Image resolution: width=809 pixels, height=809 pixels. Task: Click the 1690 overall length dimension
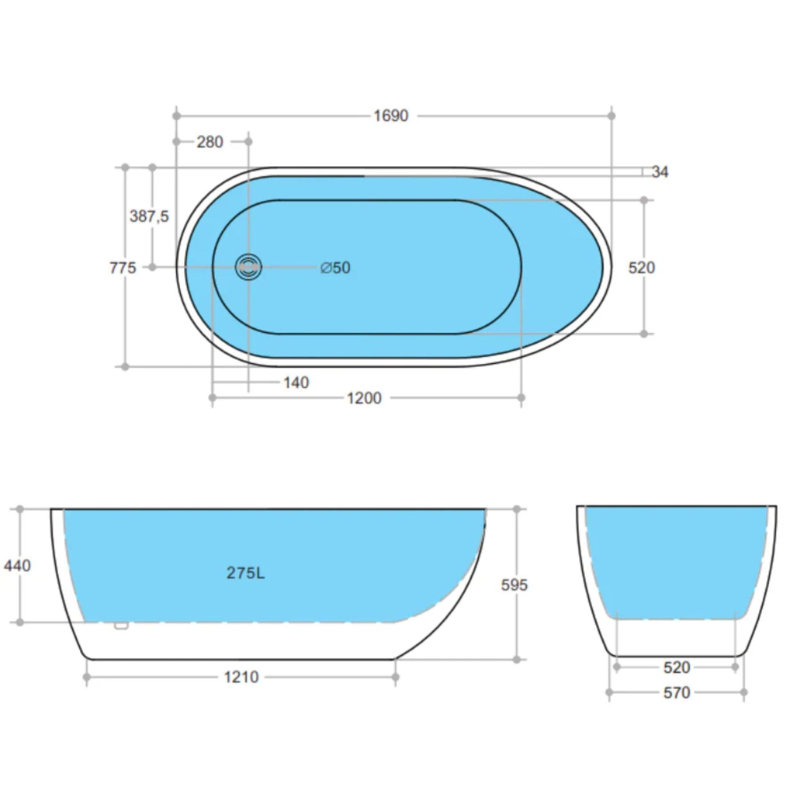[x=391, y=116]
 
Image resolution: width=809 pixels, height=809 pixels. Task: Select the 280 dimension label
[x=210, y=142]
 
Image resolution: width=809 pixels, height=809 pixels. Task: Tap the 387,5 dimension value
[x=149, y=216]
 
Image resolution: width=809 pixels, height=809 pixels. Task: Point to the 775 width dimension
[x=123, y=267]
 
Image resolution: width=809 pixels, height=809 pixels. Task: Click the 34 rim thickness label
[x=660, y=172]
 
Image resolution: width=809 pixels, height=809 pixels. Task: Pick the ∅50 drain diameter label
[x=335, y=267]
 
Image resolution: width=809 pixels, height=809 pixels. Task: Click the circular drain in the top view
[x=248, y=267]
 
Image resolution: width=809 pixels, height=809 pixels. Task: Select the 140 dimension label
[x=296, y=383]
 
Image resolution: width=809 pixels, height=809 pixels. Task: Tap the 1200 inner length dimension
[x=364, y=398]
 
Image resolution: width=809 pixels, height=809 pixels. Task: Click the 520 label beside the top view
[x=642, y=267]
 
